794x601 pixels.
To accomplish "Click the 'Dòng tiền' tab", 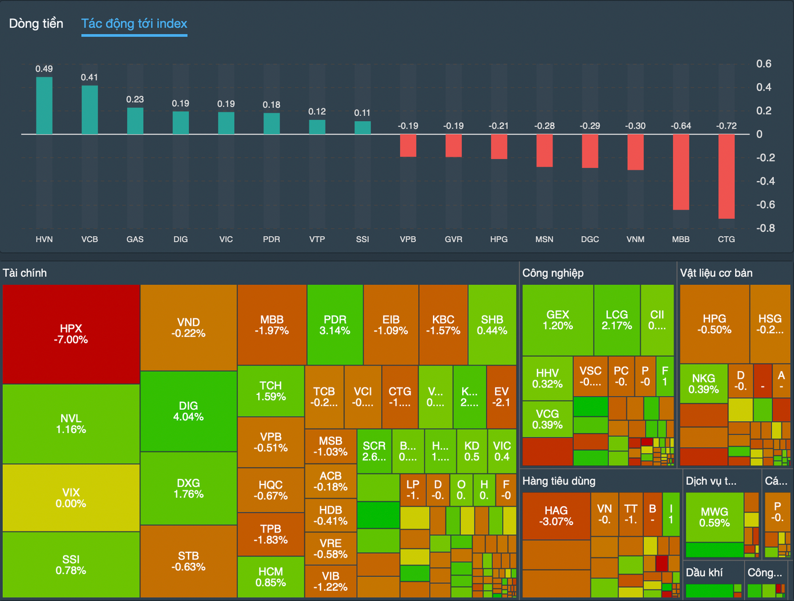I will click(36, 23).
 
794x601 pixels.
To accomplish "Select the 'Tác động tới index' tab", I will click(134, 23).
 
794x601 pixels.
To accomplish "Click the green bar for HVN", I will click(44, 106).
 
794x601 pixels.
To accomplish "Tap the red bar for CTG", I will click(726, 176).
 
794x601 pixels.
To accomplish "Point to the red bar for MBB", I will click(681, 172).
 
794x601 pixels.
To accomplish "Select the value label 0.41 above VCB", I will click(89, 77).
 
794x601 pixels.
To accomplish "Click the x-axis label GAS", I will click(135, 239).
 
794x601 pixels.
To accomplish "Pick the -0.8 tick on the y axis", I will click(765, 228).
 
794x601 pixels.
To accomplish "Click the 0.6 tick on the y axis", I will click(764, 63).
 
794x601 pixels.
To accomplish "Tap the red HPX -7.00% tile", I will click(71, 334).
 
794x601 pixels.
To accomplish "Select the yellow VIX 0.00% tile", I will click(71, 498).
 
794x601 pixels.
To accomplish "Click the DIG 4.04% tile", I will click(188, 411).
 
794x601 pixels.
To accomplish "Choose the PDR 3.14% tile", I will click(335, 325).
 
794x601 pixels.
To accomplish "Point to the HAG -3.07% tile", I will click(556, 515).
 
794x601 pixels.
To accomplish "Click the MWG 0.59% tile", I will click(714, 517).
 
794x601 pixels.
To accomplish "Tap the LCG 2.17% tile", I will click(616, 320).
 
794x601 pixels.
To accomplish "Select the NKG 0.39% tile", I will click(703, 384).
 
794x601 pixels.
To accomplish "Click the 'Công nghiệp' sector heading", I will click(553, 273).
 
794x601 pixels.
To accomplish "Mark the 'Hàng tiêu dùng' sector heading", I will click(559, 481).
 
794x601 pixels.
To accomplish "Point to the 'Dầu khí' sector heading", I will click(704, 572).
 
